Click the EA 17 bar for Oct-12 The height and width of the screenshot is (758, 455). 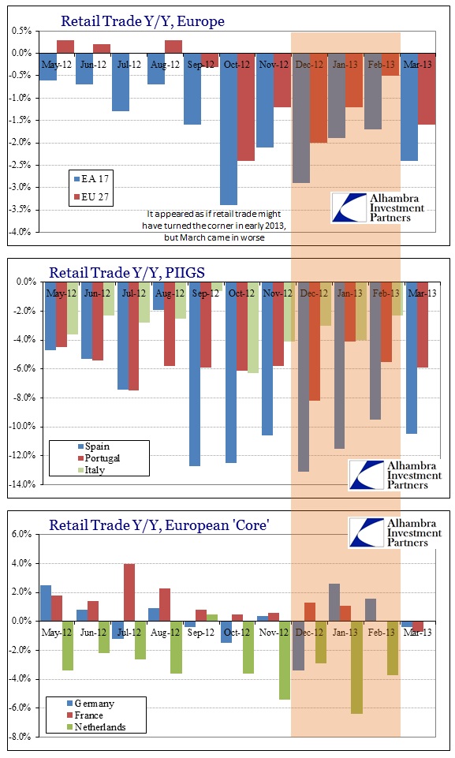(x=228, y=129)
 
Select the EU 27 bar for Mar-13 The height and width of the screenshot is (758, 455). (x=427, y=89)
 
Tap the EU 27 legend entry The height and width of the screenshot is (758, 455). (x=91, y=196)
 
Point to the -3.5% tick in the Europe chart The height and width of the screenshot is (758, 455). (x=20, y=209)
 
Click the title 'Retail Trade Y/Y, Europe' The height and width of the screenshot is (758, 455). (x=143, y=21)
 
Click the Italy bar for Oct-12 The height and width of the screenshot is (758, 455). (x=253, y=327)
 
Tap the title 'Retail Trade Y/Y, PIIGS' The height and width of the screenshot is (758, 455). (x=127, y=273)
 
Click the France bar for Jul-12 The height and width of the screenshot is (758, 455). (x=129, y=592)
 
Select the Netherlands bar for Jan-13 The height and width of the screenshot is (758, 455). (x=357, y=667)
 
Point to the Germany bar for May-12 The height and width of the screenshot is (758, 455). (x=46, y=603)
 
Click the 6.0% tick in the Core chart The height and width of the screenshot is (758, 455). (x=22, y=534)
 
